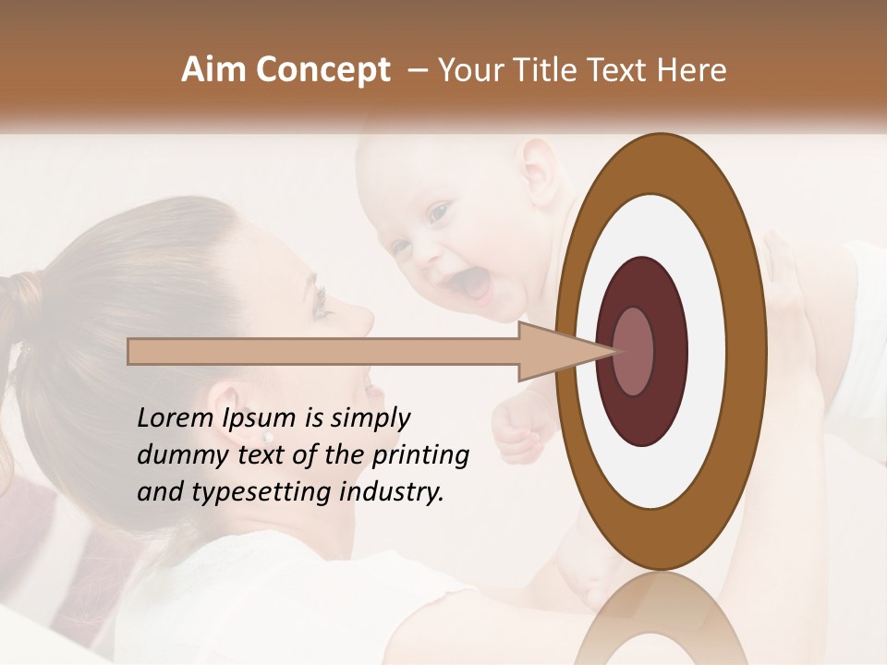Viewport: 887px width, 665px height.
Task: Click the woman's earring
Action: click(268, 436)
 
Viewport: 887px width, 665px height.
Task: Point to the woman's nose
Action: click(363, 319)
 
